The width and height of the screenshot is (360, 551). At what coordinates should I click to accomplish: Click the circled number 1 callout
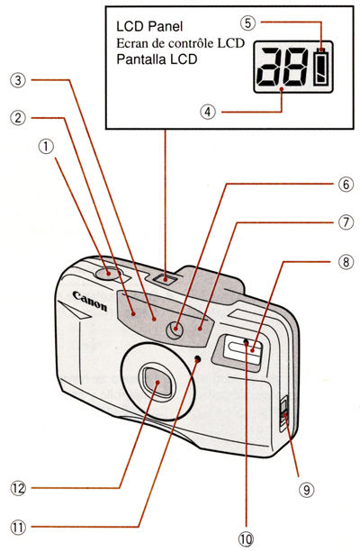tap(47, 147)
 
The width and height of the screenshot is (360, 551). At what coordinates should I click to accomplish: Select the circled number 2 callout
tap(18, 117)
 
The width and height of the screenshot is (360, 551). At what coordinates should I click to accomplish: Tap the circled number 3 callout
tap(18, 80)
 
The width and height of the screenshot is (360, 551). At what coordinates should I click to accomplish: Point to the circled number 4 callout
tap(208, 113)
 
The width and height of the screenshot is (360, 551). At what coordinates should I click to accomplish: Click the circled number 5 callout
tap(247, 23)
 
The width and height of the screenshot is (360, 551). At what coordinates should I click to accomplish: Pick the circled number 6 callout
tap(346, 185)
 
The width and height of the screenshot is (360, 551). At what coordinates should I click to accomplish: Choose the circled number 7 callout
tap(346, 222)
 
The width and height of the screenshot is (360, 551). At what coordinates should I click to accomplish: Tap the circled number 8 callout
tap(346, 261)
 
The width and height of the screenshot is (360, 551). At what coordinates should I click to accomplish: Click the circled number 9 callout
tap(306, 489)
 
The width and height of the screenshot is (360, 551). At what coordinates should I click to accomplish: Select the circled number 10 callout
tap(246, 538)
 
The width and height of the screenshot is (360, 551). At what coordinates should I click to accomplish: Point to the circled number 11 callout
tap(18, 527)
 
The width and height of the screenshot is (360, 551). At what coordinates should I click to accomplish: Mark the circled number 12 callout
tap(18, 488)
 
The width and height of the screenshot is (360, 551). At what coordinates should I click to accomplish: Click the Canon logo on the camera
tap(90, 301)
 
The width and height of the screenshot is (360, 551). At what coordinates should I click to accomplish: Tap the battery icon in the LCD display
tap(321, 67)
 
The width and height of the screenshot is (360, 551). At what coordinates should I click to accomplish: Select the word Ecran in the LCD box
tap(130, 43)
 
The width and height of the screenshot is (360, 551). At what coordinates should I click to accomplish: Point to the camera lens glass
tap(157, 382)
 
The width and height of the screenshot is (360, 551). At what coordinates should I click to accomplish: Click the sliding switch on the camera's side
tap(283, 413)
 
